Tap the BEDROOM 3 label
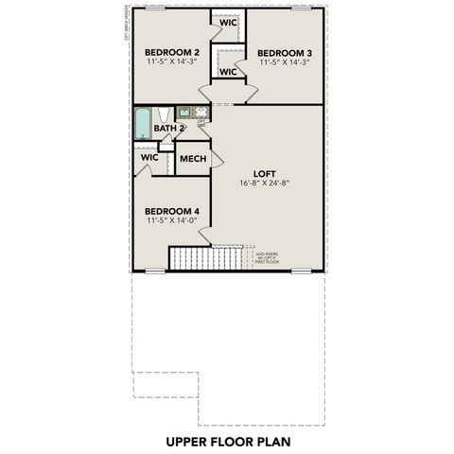pos(285,52)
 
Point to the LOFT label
pos(264,172)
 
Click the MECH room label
pos(192,159)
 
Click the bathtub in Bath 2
pos(142,124)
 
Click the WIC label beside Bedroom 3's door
pos(228,71)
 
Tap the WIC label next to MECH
pos(148,157)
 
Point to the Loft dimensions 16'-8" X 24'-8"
pos(264,183)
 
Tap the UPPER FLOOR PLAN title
pos(227,441)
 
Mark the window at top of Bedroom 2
pos(153,9)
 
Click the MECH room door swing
pos(217,160)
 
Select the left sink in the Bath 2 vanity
pos(184,112)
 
